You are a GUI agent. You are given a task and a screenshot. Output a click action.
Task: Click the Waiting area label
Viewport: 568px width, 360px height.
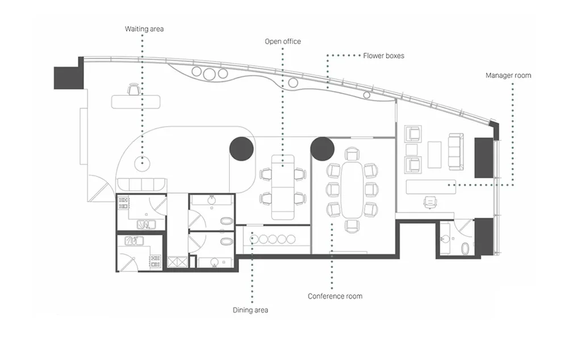[x=144, y=29]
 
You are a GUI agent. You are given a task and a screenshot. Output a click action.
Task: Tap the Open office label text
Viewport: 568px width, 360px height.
[x=282, y=41]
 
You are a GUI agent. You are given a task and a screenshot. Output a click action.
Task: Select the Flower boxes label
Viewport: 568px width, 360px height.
[x=383, y=56]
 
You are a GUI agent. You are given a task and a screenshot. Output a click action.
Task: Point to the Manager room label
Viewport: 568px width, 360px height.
[x=508, y=76]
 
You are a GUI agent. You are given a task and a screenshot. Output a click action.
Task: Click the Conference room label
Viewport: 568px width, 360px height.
[x=335, y=296]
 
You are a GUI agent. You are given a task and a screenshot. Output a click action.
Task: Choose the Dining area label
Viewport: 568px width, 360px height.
[x=250, y=310]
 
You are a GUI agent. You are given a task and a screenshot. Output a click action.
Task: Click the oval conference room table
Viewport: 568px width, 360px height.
[x=351, y=190]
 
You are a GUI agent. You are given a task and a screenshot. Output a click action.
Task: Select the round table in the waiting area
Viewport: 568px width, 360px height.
[x=143, y=164]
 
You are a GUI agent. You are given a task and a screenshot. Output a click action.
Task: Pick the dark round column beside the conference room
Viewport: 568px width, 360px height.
[x=322, y=149]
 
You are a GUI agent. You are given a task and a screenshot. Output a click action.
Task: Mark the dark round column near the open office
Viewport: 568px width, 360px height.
[x=241, y=149]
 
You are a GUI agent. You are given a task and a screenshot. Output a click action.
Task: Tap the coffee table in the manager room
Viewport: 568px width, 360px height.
[x=435, y=154]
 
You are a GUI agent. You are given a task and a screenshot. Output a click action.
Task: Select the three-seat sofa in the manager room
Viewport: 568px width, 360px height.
[x=456, y=152]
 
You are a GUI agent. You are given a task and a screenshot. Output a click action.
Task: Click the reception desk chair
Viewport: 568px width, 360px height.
[x=133, y=89]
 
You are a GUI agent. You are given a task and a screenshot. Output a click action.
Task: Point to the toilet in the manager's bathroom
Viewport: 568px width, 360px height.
[x=465, y=249]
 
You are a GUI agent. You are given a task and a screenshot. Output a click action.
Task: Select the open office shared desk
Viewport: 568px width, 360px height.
[x=283, y=187]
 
